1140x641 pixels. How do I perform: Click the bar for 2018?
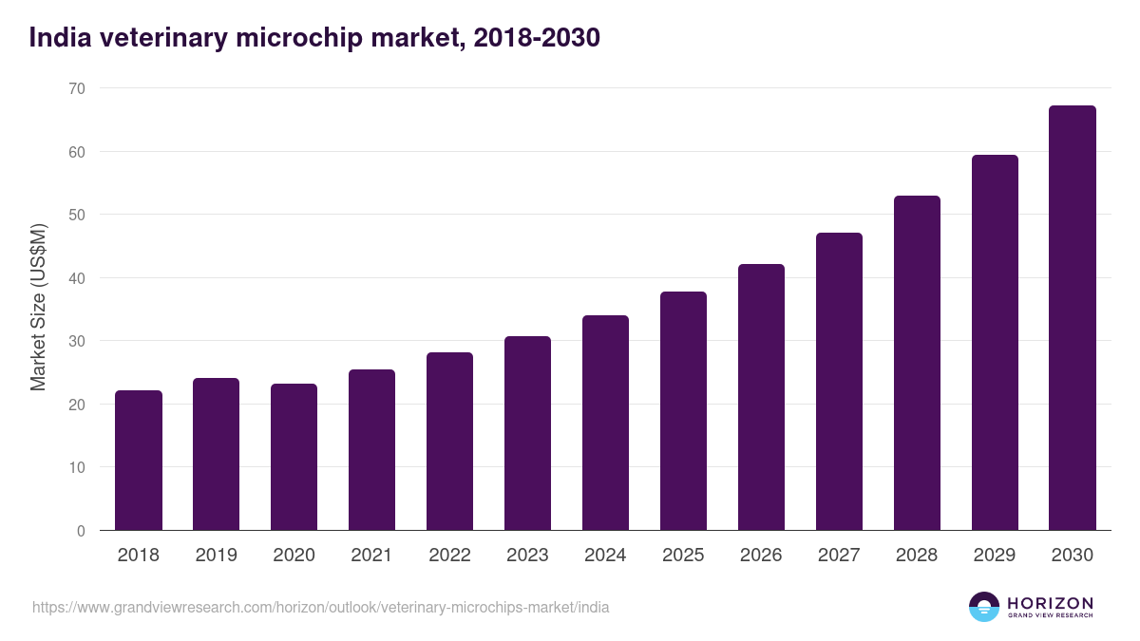click(x=139, y=461)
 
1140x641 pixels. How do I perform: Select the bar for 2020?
click(x=294, y=457)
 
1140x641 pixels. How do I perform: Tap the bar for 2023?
click(x=528, y=433)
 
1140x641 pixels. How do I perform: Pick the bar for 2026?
click(x=762, y=397)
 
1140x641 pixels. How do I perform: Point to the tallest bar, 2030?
click(x=1073, y=318)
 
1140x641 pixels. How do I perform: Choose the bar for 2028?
click(x=918, y=363)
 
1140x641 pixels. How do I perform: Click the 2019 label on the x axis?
click(x=217, y=556)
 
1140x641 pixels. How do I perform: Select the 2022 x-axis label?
click(x=450, y=556)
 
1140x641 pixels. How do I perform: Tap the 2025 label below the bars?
click(x=684, y=556)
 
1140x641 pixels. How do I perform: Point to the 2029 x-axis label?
click(x=996, y=556)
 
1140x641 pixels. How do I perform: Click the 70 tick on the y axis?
click(x=76, y=88)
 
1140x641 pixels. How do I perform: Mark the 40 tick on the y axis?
click(x=76, y=278)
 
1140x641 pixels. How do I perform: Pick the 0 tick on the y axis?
click(x=81, y=531)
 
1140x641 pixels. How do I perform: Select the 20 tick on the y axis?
click(x=76, y=405)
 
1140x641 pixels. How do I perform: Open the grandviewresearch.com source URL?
click(x=320, y=607)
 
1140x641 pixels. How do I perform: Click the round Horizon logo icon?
click(x=984, y=607)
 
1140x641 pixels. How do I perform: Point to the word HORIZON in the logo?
click(x=1050, y=603)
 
